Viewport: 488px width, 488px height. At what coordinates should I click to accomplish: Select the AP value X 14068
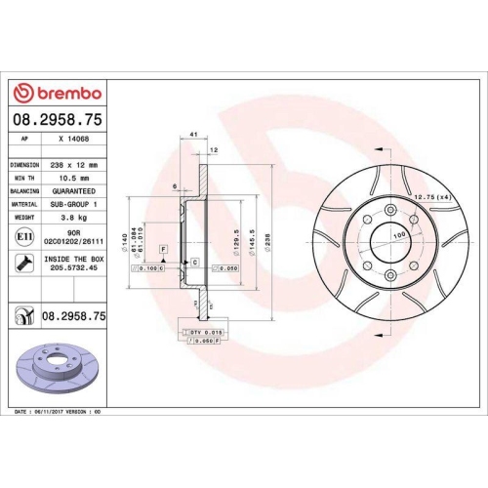[73, 140]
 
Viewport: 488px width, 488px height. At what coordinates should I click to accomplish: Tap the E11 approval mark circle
[22, 237]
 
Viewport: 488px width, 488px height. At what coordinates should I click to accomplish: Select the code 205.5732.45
[74, 269]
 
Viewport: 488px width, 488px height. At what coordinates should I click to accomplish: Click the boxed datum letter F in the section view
[163, 249]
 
